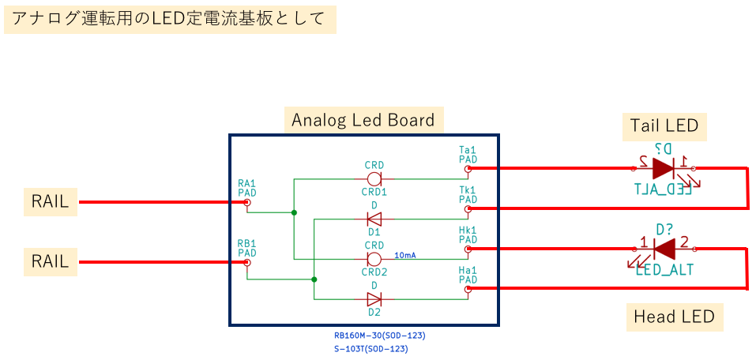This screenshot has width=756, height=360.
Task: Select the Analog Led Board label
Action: pyautogui.click(x=363, y=121)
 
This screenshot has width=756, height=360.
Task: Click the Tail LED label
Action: pyautogui.click(x=664, y=126)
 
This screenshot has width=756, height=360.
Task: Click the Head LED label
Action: pyautogui.click(x=674, y=317)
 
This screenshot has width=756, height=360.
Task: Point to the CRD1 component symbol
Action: pyautogui.click(x=374, y=179)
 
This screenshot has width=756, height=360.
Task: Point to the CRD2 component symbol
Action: pyautogui.click(x=374, y=258)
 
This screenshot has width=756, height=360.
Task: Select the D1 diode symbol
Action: pyautogui.click(x=374, y=219)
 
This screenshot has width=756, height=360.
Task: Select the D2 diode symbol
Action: pyautogui.click(x=374, y=298)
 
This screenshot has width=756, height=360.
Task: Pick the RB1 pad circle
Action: pyautogui.click(x=247, y=262)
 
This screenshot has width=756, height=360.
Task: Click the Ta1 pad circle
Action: pyautogui.click(x=468, y=168)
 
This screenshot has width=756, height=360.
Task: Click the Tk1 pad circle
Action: pyautogui.click(x=468, y=208)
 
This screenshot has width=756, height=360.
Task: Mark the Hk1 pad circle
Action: pyautogui.click(x=468, y=249)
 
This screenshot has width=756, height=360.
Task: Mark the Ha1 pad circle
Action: pyautogui.click(x=468, y=289)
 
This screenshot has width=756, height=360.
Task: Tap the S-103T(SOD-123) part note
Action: pyautogui.click(x=371, y=348)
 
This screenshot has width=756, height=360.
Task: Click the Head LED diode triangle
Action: pyautogui.click(x=664, y=249)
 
